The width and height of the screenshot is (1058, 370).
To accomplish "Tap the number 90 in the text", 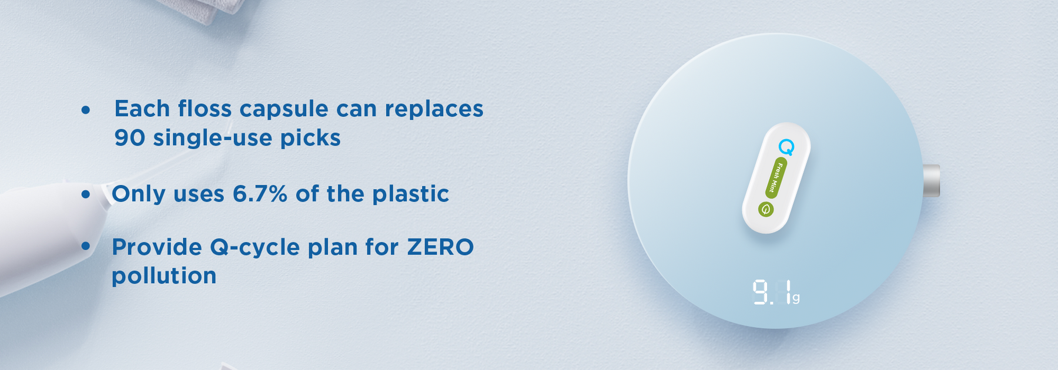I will pyautogui.click(x=129, y=138).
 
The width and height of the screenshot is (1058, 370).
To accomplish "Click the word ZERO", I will pyautogui.click(x=440, y=247).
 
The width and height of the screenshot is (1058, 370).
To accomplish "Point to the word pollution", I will pyautogui.click(x=164, y=276).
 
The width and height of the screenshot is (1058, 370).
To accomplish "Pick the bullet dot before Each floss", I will pyautogui.click(x=86, y=110).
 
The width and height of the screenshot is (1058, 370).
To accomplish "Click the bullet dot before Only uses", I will pyautogui.click(x=86, y=194).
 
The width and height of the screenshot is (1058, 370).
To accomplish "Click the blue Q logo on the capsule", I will pyautogui.click(x=786, y=147).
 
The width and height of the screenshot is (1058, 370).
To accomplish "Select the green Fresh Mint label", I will pyautogui.click(x=776, y=177).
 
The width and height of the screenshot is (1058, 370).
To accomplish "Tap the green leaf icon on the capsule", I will pyautogui.click(x=765, y=209).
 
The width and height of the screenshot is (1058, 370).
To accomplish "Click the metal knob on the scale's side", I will pyautogui.click(x=931, y=180).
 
